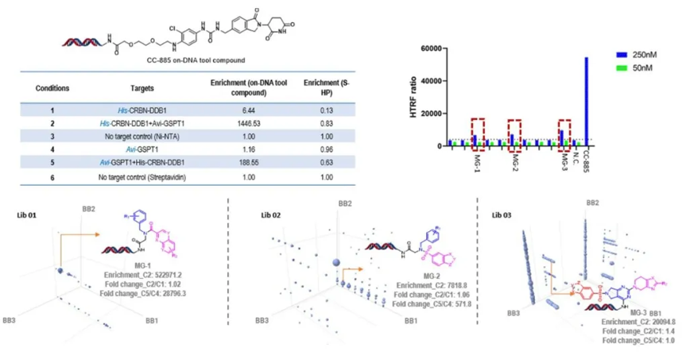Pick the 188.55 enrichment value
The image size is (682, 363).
pos(252,164)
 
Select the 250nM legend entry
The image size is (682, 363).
pos(644,54)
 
